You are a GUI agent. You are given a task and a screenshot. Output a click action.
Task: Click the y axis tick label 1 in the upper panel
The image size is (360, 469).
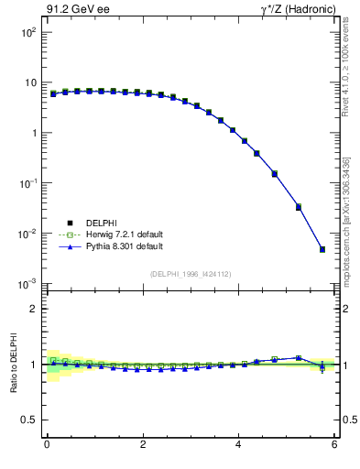coord(33,133)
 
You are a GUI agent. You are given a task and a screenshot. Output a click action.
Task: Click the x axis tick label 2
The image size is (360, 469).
coord(143,445)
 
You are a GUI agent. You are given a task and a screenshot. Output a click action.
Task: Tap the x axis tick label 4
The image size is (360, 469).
coord(238,445)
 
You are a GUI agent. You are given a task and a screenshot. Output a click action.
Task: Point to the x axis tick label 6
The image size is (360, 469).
coord(334,445)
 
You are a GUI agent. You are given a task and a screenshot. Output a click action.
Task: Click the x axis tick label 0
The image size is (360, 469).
coord(47,445)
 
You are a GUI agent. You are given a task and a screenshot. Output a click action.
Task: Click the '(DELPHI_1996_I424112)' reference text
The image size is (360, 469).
coord(190,273)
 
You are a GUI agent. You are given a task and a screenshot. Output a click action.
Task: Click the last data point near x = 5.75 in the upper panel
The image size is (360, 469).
coord(322,249)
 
